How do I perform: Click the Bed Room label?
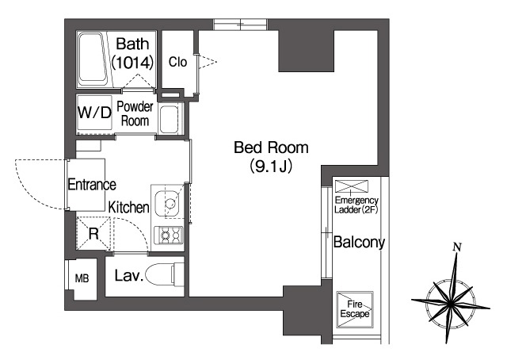pos(271,147)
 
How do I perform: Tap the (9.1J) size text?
pos(271,167)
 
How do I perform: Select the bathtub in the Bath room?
pos(93,59)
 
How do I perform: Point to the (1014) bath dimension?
pos(132,63)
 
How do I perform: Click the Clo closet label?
pos(177,62)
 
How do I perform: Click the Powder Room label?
pos(135,113)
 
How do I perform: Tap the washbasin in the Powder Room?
pos(169,118)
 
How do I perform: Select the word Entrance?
pos(92,185)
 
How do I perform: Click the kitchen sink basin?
pos(166,204)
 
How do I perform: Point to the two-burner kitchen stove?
pos(169,236)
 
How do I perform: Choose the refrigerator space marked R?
pos(93,233)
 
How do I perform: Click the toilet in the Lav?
pos(165,274)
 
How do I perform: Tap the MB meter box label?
pos(82,278)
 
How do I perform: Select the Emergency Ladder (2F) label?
pos(356,205)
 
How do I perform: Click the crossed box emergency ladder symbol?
pos(352,186)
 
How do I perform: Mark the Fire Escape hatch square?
pos(355,309)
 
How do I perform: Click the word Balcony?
pos(359,242)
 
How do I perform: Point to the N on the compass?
pos(457,247)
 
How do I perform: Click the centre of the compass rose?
pos(451,304)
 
